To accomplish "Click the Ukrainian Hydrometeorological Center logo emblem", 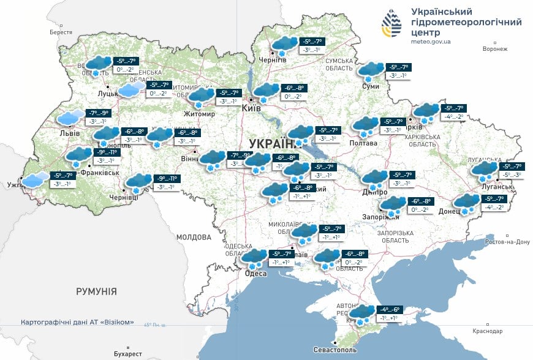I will pyautogui.click(x=392, y=24).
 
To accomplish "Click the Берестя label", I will pyautogui.click(x=61, y=32).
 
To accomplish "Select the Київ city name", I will pyautogui.click(x=251, y=108).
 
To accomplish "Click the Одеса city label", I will pyautogui.click(x=255, y=274).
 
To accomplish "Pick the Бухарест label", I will pyautogui.click(x=127, y=354).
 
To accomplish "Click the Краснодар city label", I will pyautogui.click(x=487, y=331).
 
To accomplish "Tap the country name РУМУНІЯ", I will pyautogui.click(x=96, y=291).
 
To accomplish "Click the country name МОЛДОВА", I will pyautogui.click(x=194, y=236).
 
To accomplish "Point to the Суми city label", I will pyautogui.click(x=371, y=86).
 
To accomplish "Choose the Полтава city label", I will pyautogui.click(x=363, y=143).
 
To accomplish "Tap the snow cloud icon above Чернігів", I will pyautogui.click(x=284, y=45).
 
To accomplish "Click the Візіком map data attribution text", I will pyautogui.click(x=77, y=322).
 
